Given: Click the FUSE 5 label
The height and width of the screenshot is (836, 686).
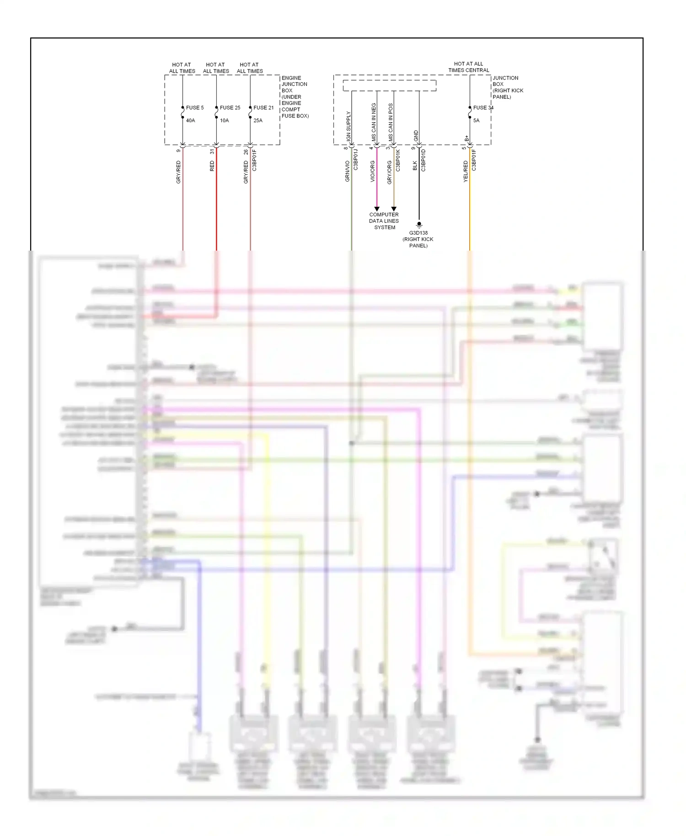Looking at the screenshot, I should tap(195, 108).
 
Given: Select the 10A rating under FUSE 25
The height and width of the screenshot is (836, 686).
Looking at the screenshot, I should tap(224, 121).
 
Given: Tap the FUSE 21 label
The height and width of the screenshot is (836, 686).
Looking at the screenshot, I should tap(263, 108).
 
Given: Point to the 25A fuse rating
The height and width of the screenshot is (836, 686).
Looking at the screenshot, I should tap(258, 121).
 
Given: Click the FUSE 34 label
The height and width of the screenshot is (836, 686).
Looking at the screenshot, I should tap(483, 108).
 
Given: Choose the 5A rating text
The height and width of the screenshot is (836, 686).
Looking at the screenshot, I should tap(476, 121).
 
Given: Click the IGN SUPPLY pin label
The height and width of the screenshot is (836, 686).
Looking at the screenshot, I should tap(348, 126).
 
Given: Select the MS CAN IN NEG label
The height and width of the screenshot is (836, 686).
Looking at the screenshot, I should tap(374, 122).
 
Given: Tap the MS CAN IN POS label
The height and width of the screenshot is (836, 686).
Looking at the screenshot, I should tap(391, 122).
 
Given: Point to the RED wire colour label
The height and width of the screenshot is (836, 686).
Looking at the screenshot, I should tap(212, 166).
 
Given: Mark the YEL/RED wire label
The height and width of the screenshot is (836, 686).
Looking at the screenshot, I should tap(466, 171).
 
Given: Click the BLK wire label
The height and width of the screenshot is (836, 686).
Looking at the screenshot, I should tap(415, 166).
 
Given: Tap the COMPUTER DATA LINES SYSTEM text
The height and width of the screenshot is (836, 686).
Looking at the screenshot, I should tap(384, 221).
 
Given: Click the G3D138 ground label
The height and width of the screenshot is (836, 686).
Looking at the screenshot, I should tap(418, 233).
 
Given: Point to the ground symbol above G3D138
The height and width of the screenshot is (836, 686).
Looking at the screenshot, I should tap(419, 225).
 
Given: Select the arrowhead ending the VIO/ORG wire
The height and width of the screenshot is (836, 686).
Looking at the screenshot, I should tap(377, 209).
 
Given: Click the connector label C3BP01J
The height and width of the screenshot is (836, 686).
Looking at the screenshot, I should tap(356, 160).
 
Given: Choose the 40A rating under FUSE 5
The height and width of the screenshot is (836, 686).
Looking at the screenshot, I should tap(190, 121).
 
